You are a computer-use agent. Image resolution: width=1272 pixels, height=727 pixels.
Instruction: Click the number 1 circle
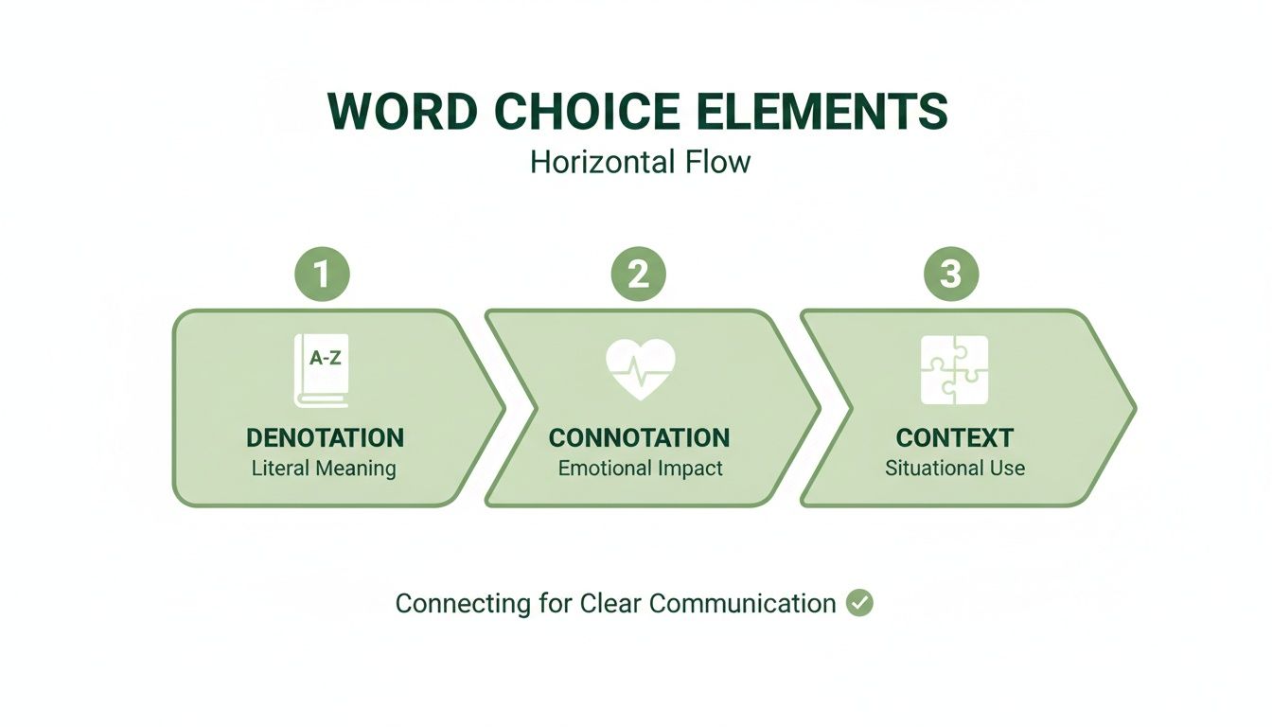pos(322,275)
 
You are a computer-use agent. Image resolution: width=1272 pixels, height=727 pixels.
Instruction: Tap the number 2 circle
pos(638,275)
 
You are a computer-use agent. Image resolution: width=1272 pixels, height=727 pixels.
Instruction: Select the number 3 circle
pos(950,275)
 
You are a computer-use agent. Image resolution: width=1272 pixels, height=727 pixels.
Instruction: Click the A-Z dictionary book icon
pos(322,370)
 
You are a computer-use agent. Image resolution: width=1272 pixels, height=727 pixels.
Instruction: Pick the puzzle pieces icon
pos(954,370)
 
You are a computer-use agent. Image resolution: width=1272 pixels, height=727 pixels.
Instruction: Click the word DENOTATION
pos(325,437)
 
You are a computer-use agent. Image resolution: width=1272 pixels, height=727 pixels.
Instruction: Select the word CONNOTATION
pos(639,437)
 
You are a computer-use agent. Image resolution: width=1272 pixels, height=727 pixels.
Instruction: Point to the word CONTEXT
pos(954,437)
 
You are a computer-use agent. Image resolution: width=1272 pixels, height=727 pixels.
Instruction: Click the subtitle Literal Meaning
pos(324,468)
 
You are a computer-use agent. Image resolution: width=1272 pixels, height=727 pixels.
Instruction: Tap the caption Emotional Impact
pos(640,468)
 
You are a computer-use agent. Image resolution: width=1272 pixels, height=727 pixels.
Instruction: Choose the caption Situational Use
pos(954,468)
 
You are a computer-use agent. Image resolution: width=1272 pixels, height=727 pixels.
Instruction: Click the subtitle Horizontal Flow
pos(640,162)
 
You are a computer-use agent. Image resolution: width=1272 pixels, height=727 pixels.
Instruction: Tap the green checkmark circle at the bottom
pos(859,603)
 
